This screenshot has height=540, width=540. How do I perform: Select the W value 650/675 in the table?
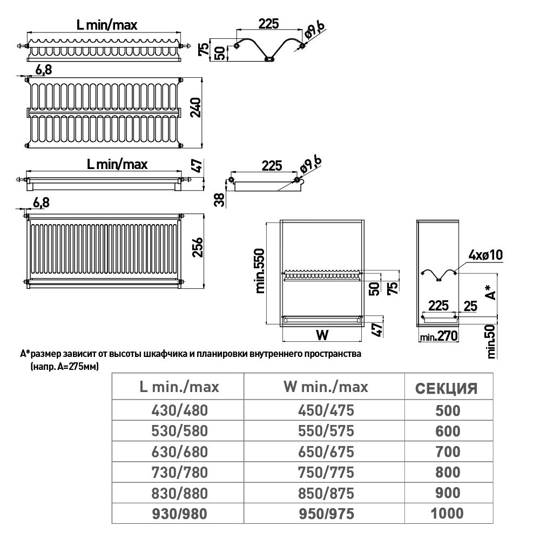click(326, 452)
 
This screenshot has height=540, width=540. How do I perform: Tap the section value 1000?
click(447, 513)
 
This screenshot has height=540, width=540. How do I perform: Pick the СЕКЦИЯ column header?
click(446, 388)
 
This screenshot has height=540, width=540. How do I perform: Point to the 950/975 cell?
click(326, 513)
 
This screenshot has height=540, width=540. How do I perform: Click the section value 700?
click(447, 452)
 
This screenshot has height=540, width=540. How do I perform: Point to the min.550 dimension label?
click(261, 271)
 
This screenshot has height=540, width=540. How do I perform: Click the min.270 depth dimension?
click(439, 336)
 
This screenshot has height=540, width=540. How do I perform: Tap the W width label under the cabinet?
click(322, 335)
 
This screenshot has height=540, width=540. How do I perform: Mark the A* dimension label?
click(490, 291)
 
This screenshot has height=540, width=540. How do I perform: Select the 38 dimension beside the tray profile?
click(219, 199)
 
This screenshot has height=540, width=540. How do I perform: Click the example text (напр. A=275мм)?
click(60, 366)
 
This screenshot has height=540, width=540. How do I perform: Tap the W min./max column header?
click(325, 387)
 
